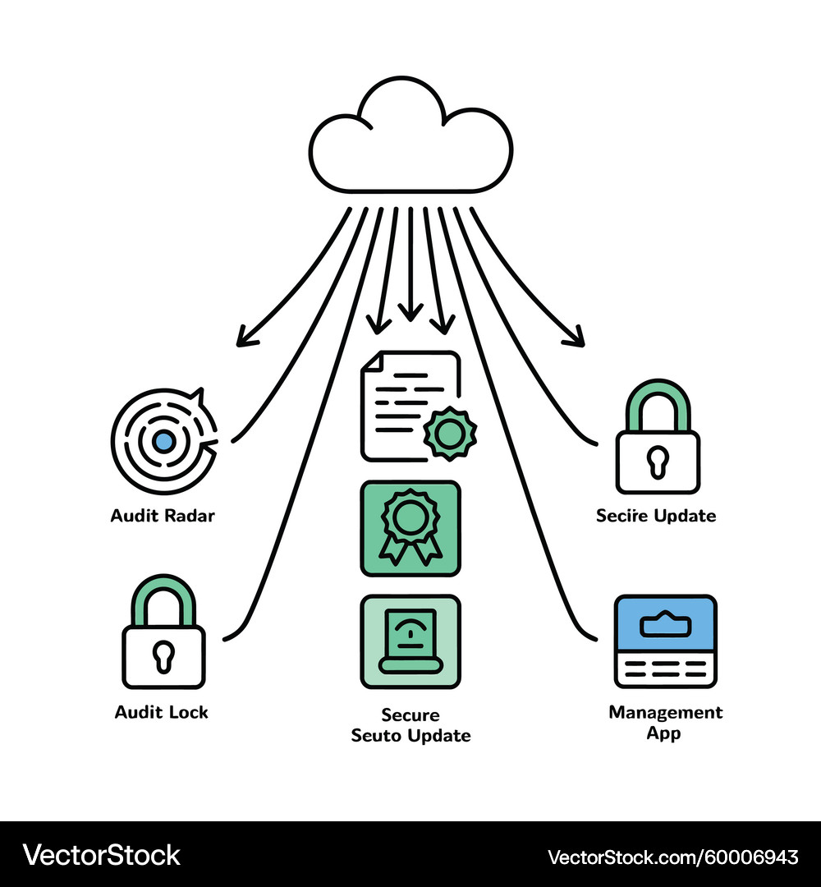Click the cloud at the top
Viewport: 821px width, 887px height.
[x=410, y=140]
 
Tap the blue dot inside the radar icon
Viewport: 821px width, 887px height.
[x=164, y=441]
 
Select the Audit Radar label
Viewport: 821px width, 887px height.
[x=163, y=516]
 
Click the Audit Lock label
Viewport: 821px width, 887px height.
[x=162, y=712]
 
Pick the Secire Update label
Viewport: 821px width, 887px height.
[x=656, y=516]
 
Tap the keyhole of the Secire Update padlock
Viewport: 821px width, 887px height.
[x=658, y=461]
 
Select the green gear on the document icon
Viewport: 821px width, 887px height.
[x=450, y=433]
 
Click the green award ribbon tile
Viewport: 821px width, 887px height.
[x=410, y=528]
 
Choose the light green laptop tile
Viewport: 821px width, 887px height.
[x=410, y=641]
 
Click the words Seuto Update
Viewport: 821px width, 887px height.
[x=410, y=735]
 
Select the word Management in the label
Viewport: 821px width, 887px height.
[x=665, y=712]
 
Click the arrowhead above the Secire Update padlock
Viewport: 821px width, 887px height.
[x=576, y=337]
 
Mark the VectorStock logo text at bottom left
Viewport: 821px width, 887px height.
[x=102, y=856]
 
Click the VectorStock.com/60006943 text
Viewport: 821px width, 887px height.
[x=672, y=857]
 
